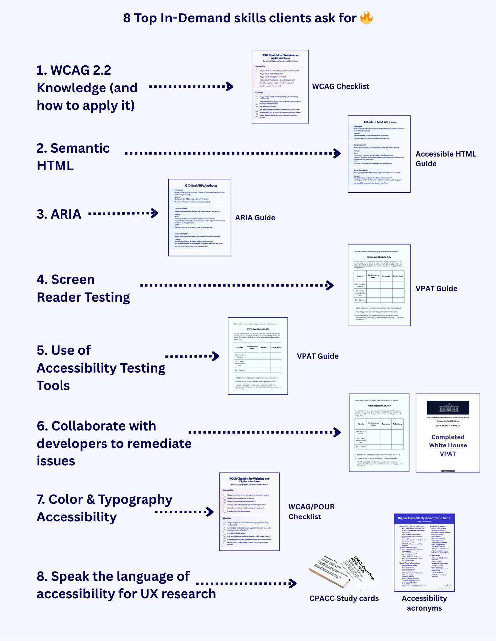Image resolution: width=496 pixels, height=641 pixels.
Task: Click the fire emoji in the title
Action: tap(366, 18)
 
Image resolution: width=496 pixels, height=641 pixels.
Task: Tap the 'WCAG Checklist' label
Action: tap(341, 86)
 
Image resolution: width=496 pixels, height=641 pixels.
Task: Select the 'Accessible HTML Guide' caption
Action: tap(445, 159)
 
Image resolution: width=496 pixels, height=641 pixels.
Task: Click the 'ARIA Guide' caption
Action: tap(255, 218)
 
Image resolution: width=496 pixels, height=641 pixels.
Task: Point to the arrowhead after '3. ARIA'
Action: tap(155, 213)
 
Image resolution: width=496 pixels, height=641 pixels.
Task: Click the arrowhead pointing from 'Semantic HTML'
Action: tap(337, 153)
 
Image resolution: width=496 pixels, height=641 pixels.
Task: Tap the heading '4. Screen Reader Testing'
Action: tap(83, 288)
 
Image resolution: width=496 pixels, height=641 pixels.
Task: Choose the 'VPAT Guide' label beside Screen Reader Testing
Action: tap(436, 288)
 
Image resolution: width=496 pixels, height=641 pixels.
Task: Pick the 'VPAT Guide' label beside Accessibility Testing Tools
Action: tap(317, 356)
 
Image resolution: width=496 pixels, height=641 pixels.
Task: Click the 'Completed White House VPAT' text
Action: tap(448, 445)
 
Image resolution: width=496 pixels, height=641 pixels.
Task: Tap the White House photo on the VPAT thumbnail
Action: tap(448, 408)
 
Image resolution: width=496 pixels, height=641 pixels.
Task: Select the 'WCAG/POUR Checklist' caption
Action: tap(311, 512)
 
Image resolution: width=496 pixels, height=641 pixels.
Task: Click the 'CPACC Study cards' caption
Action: tap(344, 598)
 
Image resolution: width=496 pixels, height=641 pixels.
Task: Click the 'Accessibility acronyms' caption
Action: tap(424, 603)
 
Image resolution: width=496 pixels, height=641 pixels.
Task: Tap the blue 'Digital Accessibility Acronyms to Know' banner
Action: tap(424, 518)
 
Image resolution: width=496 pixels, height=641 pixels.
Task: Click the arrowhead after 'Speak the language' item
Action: tap(293, 583)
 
